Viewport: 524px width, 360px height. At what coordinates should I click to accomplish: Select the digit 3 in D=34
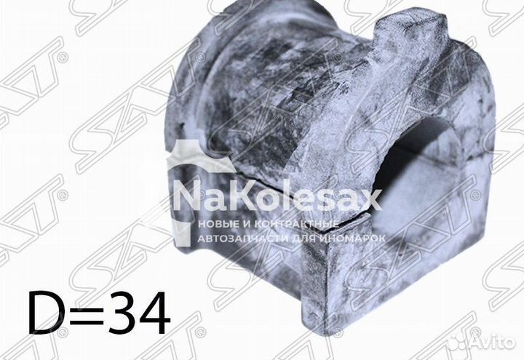122,313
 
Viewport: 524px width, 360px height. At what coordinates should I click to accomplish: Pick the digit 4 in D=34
154,313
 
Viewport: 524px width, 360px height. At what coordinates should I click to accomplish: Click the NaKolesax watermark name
277,199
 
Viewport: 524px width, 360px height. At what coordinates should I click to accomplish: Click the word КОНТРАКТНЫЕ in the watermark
297,224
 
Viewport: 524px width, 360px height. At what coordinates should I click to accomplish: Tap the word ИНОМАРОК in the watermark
352,238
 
